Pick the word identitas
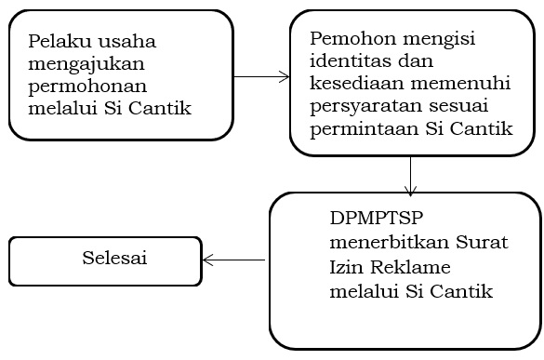(x=349, y=63)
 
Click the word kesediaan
(x=353, y=86)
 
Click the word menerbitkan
(x=380, y=245)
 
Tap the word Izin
(x=346, y=268)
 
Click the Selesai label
(x=113, y=258)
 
